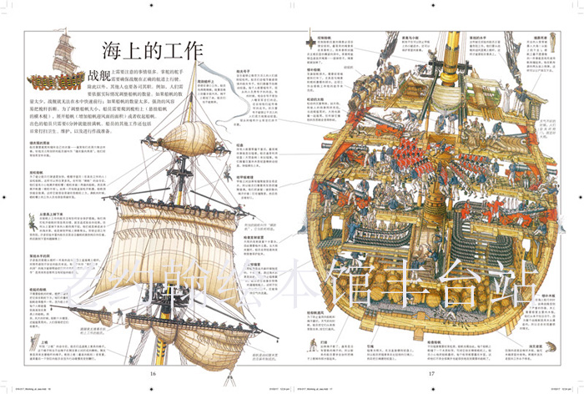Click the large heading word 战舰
point(103,77)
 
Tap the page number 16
point(152,372)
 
